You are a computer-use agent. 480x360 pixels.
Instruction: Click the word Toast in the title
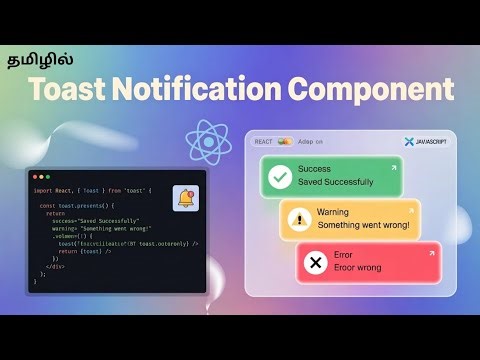tap(71, 90)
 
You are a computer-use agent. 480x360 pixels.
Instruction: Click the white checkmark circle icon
tap(281, 176)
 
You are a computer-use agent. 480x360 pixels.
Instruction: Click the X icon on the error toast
tap(316, 262)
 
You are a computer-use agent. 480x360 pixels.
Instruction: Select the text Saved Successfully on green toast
tap(334, 182)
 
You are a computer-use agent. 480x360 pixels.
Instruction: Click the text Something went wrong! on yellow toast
tap(363, 225)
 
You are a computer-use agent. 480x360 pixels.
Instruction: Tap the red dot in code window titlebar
tap(35, 176)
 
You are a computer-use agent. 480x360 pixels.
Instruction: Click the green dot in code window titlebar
tap(48, 176)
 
